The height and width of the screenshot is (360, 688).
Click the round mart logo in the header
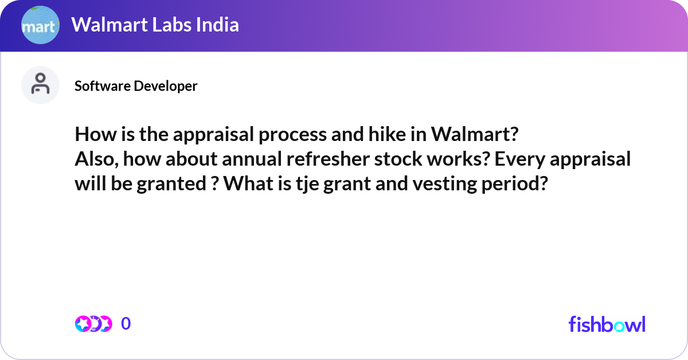(40, 25)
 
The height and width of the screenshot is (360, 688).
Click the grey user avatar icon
(40, 85)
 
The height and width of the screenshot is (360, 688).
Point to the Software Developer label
(136, 86)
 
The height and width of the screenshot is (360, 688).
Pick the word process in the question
(275, 135)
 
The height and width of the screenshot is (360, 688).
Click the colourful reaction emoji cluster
(93, 324)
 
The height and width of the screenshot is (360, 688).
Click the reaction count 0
(126, 324)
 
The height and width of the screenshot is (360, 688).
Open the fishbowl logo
(607, 324)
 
